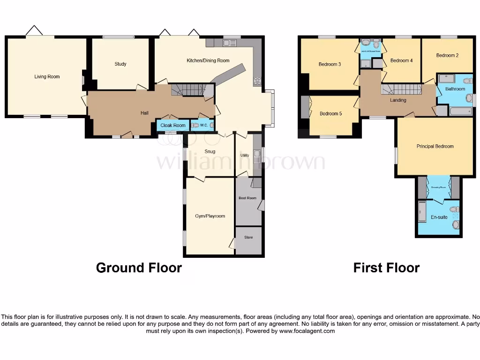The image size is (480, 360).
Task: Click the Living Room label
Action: pos(47,76)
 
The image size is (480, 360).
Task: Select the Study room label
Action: pos(120,64)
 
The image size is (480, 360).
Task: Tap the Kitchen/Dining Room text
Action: pos(208,60)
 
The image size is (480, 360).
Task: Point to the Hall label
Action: pos(145,113)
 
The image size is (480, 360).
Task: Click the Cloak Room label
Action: pos(173,126)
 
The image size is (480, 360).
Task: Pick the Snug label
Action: pos(210,151)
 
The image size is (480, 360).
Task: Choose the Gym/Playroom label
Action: pos(210,216)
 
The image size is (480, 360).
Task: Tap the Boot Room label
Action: pos(247,198)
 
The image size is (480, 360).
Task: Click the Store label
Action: pos(248,237)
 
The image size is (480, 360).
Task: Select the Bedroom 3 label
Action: pos(330,64)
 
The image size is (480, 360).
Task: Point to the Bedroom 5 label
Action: pos(331,113)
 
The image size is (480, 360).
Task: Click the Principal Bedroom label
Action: pos(435,146)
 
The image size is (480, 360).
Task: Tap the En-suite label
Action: pos(439,217)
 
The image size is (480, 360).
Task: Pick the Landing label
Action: pos(398,100)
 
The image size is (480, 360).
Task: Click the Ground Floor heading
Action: pos(139,268)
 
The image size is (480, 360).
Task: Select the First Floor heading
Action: pos(386,268)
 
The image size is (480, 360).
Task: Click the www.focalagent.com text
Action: pos(307,331)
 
